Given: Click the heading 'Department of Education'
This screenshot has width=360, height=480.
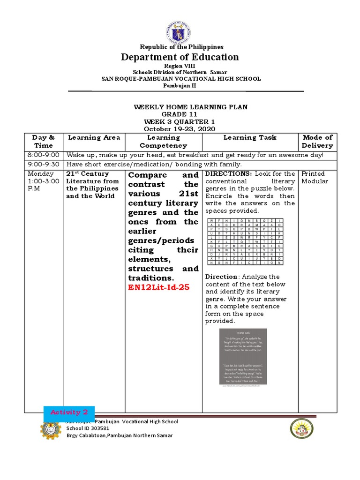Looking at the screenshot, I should (x=180, y=57).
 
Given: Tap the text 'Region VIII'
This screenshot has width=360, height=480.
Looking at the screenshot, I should (x=180, y=67).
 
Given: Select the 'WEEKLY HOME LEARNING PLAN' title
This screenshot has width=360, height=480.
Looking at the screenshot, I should (x=191, y=107).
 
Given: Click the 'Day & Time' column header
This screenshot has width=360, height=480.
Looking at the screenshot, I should (x=43, y=141).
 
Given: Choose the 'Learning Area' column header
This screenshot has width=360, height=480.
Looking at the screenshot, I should (x=94, y=137).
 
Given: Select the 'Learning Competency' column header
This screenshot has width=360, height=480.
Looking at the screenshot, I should (x=163, y=141).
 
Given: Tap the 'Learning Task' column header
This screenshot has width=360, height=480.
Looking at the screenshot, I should (x=250, y=137).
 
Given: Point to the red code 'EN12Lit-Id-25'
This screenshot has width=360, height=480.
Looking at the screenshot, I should (x=158, y=287).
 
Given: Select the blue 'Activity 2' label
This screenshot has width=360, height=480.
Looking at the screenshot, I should (x=69, y=412).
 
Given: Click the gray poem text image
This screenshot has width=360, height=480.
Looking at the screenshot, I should (x=243, y=356).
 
